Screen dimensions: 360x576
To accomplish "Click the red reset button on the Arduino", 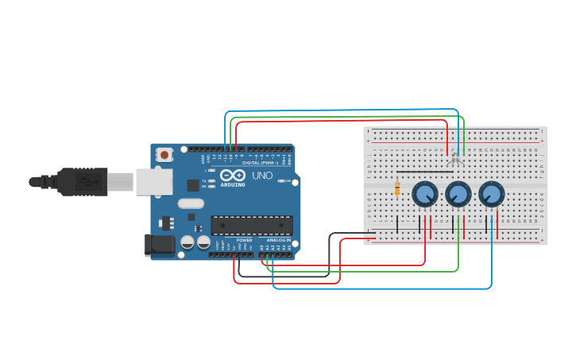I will (164, 154).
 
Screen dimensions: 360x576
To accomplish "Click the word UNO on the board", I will (262, 176).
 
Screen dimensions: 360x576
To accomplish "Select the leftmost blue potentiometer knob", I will (425, 193).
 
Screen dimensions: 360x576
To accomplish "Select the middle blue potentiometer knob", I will (458, 193).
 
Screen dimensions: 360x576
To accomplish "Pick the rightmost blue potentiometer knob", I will (491, 193).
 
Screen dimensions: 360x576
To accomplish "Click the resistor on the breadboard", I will (397, 188).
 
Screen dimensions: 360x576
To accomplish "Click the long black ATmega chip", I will (251, 225).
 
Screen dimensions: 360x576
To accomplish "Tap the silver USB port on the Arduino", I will (154, 182).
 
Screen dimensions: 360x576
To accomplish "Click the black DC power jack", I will (159, 245).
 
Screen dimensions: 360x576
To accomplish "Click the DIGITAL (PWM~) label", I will (265, 163).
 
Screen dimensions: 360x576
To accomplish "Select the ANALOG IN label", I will (278, 240).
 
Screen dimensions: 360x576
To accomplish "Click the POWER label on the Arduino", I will (244, 240).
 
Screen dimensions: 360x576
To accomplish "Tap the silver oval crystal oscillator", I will (191, 203).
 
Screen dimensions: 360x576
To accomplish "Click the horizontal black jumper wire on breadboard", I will (425, 172).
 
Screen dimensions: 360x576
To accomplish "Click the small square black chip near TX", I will (193, 185).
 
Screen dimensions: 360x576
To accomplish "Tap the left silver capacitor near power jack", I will (187, 242).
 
